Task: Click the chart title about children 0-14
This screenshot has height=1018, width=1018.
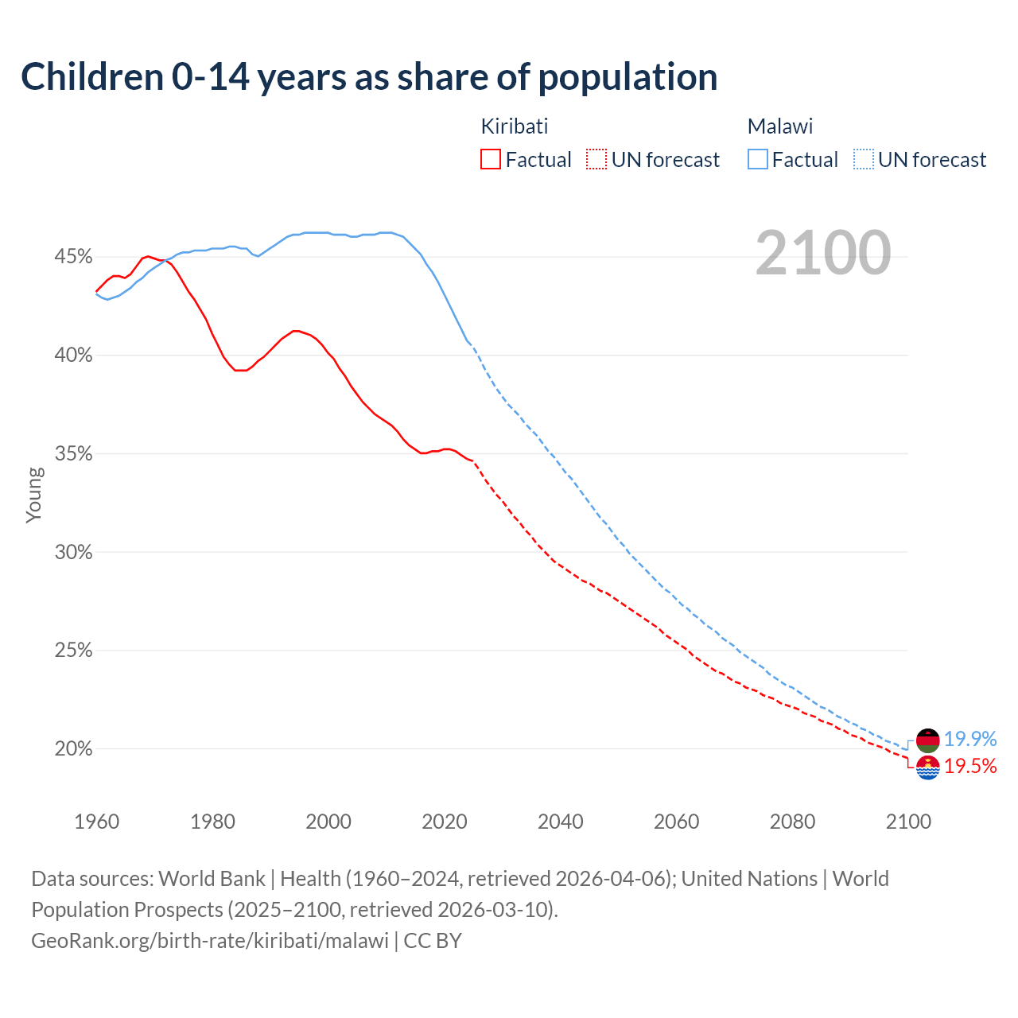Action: point(369,77)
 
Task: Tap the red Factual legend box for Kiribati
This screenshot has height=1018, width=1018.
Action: point(491,160)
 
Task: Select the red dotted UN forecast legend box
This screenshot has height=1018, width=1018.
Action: point(596,160)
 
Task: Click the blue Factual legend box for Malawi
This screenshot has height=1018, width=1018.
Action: point(758,160)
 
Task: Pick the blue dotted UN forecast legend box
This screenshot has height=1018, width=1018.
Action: point(863,160)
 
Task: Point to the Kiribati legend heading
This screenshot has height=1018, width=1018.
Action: point(515,126)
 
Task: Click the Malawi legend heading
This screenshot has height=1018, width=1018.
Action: point(780,126)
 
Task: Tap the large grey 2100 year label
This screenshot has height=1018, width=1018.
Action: point(823,253)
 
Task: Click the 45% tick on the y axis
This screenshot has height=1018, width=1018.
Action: point(73,257)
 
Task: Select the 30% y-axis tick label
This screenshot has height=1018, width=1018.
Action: point(73,552)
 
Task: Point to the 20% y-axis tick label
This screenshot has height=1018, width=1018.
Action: point(73,749)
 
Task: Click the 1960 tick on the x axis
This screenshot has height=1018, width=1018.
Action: point(96,822)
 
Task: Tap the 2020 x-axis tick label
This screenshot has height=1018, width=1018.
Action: point(445,822)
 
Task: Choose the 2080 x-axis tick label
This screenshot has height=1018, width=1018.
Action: point(792,822)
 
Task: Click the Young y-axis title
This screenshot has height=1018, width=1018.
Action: point(34,495)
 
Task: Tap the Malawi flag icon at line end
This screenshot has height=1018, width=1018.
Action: point(928,740)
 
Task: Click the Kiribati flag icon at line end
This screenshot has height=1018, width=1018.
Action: point(928,767)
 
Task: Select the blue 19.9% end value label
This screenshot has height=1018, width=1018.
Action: point(970,740)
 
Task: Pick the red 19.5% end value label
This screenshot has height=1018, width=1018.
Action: point(970,767)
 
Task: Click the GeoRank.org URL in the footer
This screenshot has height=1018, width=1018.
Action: point(210,941)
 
